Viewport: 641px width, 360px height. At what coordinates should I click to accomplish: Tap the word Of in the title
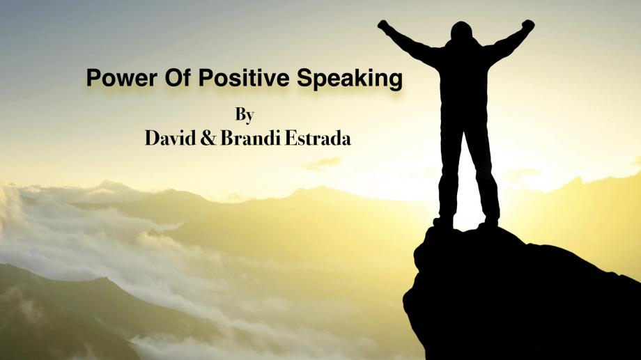coord(178,77)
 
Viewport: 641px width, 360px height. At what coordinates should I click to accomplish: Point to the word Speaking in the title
coord(350,79)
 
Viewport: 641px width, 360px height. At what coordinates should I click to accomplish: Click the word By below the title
coord(245,115)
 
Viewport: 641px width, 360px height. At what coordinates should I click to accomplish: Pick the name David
coord(170,138)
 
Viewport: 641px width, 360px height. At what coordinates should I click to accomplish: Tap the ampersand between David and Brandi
coord(208,139)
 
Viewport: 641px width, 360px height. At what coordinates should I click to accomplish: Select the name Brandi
coord(251,138)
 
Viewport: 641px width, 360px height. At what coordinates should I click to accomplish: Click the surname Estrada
coord(318,138)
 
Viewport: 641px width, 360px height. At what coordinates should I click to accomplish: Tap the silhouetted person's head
coord(461,31)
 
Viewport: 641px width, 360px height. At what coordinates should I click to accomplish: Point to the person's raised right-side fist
coord(528,25)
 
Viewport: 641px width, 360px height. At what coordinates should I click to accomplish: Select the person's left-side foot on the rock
coord(443,222)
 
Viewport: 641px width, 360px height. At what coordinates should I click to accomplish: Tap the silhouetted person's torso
coord(463,81)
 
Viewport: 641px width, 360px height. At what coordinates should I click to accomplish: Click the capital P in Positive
coord(206,77)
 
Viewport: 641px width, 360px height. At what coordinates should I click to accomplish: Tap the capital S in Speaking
coord(305,77)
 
